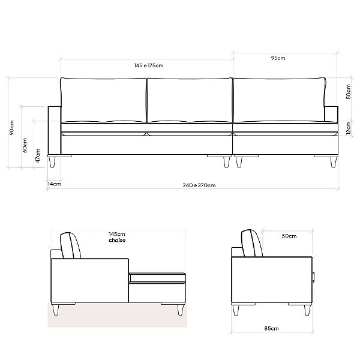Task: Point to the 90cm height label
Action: click(x=11, y=130)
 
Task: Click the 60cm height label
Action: click(x=25, y=146)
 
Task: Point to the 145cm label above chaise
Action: click(x=117, y=234)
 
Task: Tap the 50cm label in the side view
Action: click(x=289, y=236)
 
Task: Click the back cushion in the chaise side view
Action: click(x=71, y=245)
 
